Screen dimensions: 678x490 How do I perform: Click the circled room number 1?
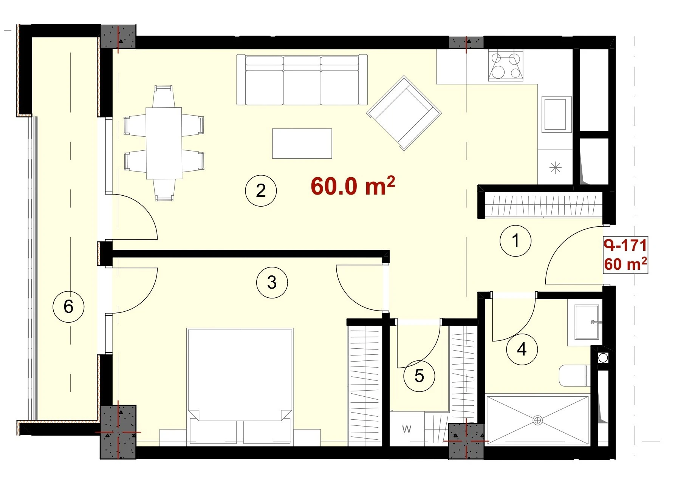pyautogui.click(x=515, y=241)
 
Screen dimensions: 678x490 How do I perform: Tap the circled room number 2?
pyautogui.click(x=261, y=190)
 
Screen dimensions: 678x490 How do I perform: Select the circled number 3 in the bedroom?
pyautogui.click(x=272, y=282)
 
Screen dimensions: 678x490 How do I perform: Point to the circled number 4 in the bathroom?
pyautogui.click(x=522, y=349)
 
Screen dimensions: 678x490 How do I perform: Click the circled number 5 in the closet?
pyautogui.click(x=419, y=376)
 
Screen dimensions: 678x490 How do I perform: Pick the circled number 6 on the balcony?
pyautogui.click(x=68, y=306)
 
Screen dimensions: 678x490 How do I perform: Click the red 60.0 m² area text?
pyautogui.click(x=353, y=185)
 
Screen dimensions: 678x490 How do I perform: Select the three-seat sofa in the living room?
pyautogui.click(x=302, y=80)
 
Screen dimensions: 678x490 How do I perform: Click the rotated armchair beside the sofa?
pyautogui.click(x=404, y=113)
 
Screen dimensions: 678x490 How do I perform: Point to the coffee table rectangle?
pyautogui.click(x=302, y=144)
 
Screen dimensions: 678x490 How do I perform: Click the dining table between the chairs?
pyautogui.click(x=164, y=143)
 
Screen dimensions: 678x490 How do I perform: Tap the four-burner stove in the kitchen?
pyautogui.click(x=506, y=66)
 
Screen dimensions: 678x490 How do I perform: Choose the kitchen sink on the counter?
pyautogui.click(x=556, y=114)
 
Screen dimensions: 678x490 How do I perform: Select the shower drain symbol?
pyautogui.click(x=537, y=420)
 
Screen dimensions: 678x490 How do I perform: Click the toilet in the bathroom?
pyautogui.click(x=574, y=376)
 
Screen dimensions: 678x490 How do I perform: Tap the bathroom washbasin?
pyautogui.click(x=587, y=322)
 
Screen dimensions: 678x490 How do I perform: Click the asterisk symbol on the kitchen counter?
pyautogui.click(x=555, y=167)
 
